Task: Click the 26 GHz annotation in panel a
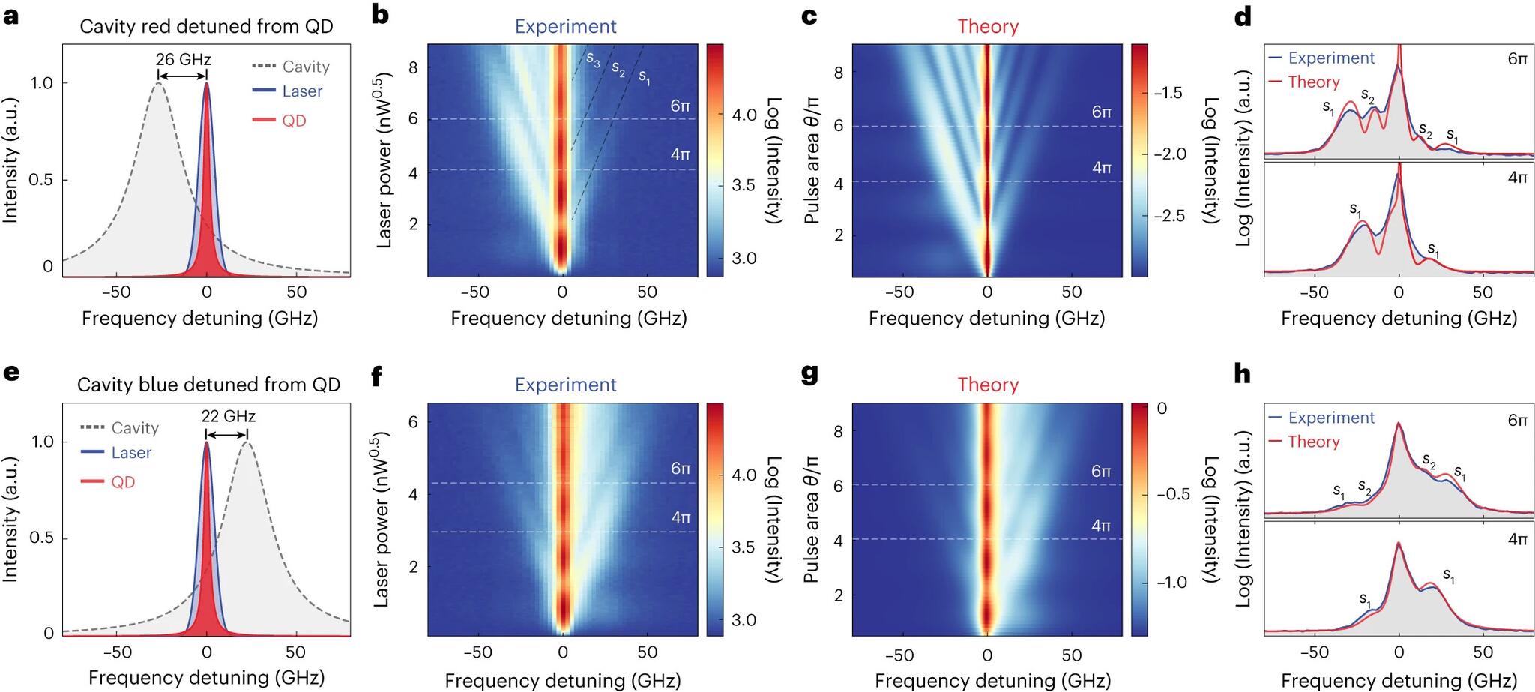pos(183,59)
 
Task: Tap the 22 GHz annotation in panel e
pos(228,416)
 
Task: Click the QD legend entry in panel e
pos(123,482)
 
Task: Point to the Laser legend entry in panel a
pos(302,91)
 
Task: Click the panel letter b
pos(381,14)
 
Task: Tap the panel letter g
pos(809,373)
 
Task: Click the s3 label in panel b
pos(593,59)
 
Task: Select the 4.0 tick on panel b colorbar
pos(744,115)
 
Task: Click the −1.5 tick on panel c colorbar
pos(1168,93)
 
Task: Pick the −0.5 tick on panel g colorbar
pos(1172,494)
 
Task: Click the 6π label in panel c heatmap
pos(1101,112)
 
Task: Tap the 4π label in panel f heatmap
pos(681,517)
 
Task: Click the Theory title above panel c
pos(988,27)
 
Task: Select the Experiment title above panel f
pos(565,385)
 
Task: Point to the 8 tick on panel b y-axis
pos(413,67)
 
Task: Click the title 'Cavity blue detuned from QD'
pos(208,385)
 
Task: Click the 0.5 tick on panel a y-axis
pos(40,180)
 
